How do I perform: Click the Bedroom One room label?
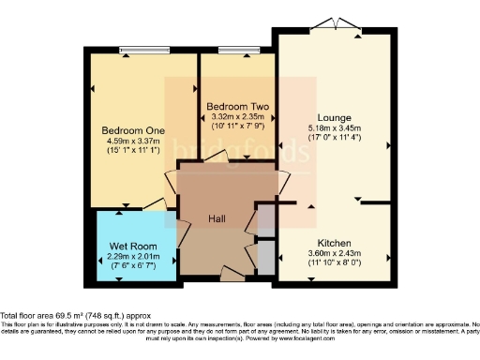[x=131, y=129]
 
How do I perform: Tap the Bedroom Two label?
[x=238, y=107]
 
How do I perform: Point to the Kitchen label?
[x=334, y=241]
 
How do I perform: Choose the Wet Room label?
[x=130, y=246]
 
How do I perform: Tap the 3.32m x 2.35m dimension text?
[x=238, y=117]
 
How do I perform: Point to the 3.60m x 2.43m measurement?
[x=334, y=251]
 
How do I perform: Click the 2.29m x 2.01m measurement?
[x=130, y=256]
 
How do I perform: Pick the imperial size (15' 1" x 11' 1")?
[x=131, y=150]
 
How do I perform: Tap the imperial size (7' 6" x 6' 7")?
[x=130, y=266]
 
